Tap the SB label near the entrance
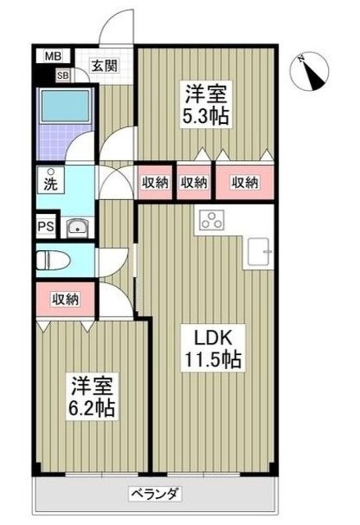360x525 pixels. pyautogui.click(x=63, y=76)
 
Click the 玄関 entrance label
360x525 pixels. pyautogui.click(x=103, y=66)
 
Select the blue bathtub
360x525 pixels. pyautogui.click(x=59, y=116)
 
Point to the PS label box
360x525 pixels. pyautogui.click(x=44, y=227)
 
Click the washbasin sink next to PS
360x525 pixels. pyautogui.click(x=77, y=227)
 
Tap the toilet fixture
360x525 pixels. pyautogui.click(x=57, y=262)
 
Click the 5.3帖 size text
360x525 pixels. pyautogui.click(x=205, y=116)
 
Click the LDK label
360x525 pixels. pyautogui.click(x=210, y=337)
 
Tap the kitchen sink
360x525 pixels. pyautogui.click(x=260, y=250)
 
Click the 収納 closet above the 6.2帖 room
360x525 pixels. pyautogui.click(x=67, y=299)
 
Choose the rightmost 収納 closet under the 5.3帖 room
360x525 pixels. pyautogui.click(x=244, y=182)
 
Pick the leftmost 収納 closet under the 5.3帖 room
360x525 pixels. pyautogui.click(x=154, y=182)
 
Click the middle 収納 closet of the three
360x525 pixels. pyautogui.click(x=194, y=182)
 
